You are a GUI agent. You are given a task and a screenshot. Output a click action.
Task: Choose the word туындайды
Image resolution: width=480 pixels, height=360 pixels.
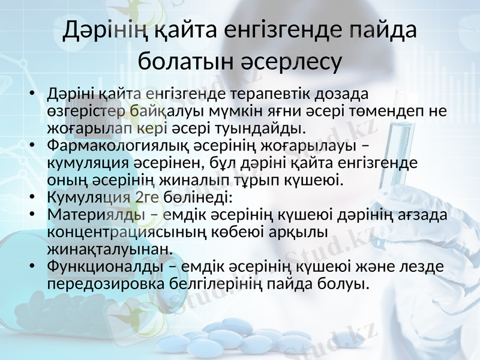tap(268, 128)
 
